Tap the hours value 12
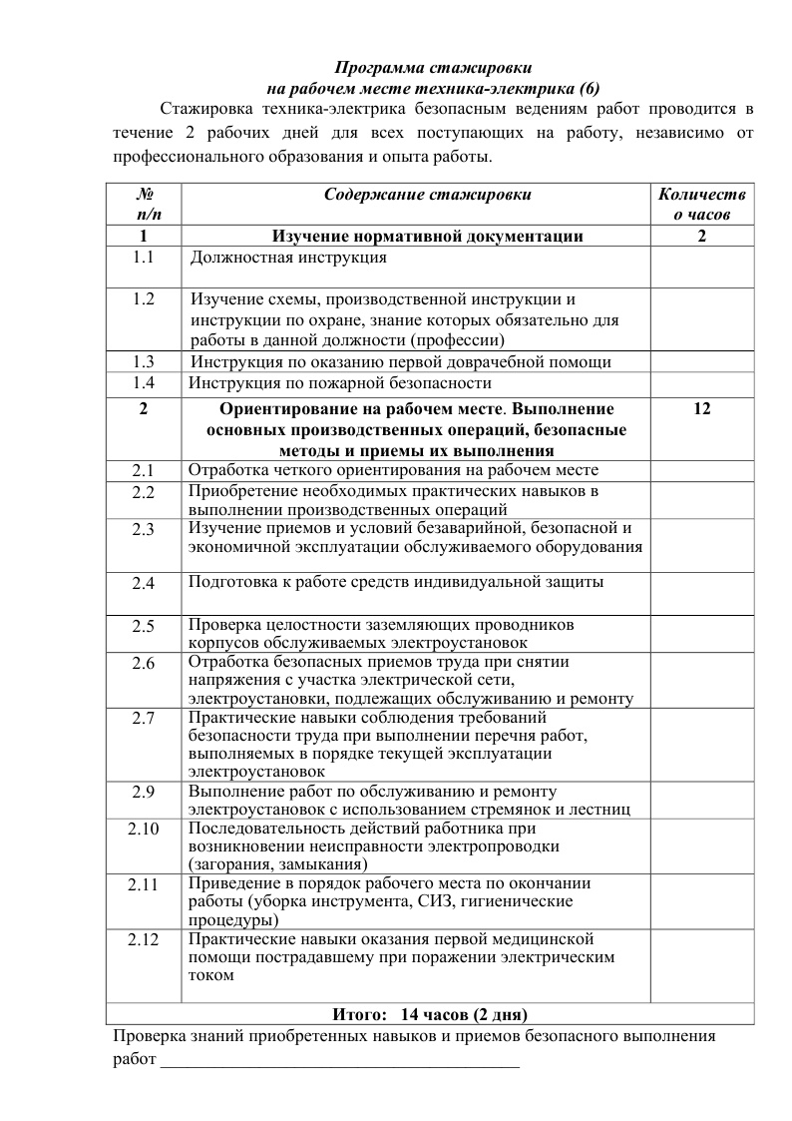click(x=701, y=409)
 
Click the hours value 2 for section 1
click(x=702, y=237)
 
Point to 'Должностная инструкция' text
click(x=288, y=258)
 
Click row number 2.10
click(x=145, y=829)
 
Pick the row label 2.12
click(x=145, y=940)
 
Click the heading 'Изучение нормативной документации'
click(x=428, y=237)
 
